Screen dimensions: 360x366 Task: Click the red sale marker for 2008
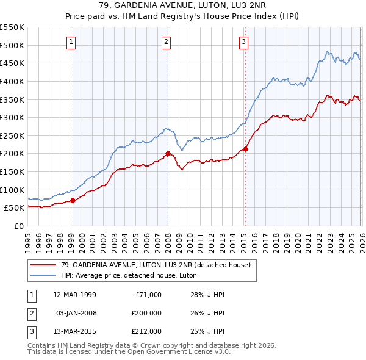[x=168, y=154]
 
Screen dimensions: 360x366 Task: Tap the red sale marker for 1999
[x=73, y=200]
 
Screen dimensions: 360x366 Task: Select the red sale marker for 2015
[x=245, y=148]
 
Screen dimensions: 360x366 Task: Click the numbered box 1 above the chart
[x=71, y=41]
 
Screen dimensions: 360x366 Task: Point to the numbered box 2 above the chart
[x=166, y=41]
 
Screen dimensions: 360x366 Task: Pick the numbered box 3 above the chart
[x=243, y=41]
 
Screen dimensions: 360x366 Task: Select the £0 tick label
[x=18, y=226]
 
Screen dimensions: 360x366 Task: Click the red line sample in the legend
[x=44, y=264]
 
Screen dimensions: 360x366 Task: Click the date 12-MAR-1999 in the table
[x=74, y=295]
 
